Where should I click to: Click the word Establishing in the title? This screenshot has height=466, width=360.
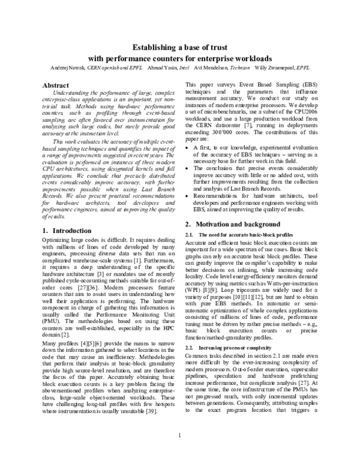point(157,48)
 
